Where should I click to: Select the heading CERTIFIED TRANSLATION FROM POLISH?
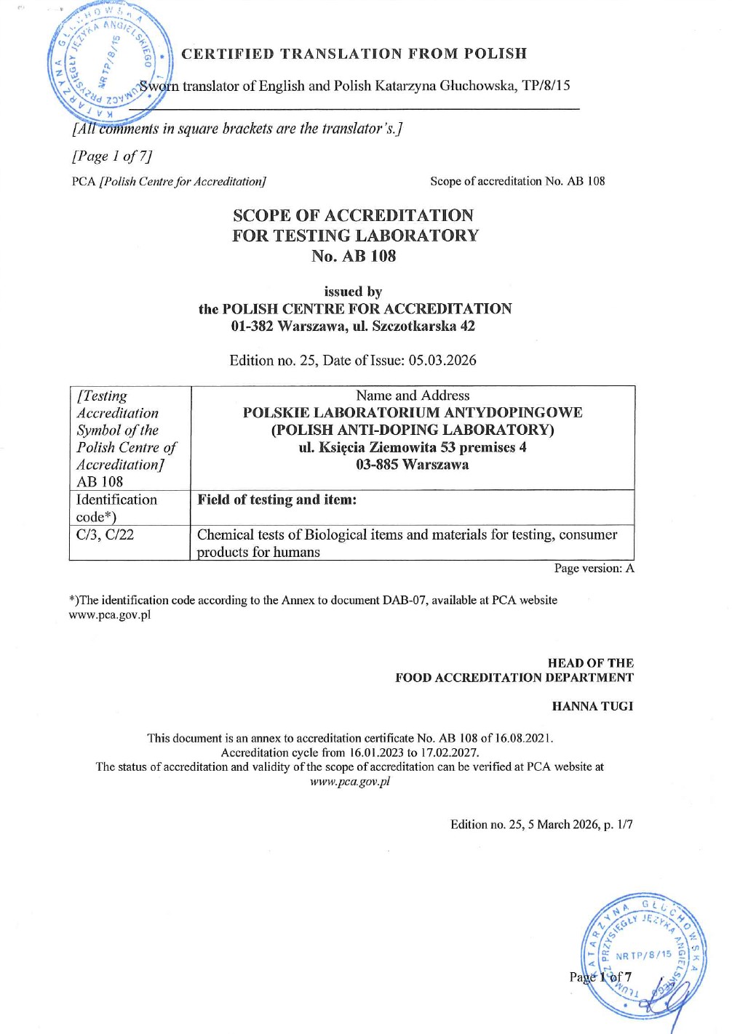point(354,54)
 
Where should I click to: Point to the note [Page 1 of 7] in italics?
point(112,156)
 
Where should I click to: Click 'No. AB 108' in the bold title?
point(354,256)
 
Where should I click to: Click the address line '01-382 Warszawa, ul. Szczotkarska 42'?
point(354,326)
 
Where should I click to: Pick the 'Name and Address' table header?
point(413,396)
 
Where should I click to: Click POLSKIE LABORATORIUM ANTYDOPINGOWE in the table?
point(413,412)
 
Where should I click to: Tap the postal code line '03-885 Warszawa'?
point(413,465)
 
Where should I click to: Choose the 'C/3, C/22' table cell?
point(106,534)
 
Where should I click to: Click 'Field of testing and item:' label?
point(277,500)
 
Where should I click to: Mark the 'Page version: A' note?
point(594,568)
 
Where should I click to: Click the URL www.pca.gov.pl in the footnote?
point(110,614)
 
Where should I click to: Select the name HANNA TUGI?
point(592,706)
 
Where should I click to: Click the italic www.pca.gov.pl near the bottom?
point(350,782)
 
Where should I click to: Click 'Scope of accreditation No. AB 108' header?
point(517,181)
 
